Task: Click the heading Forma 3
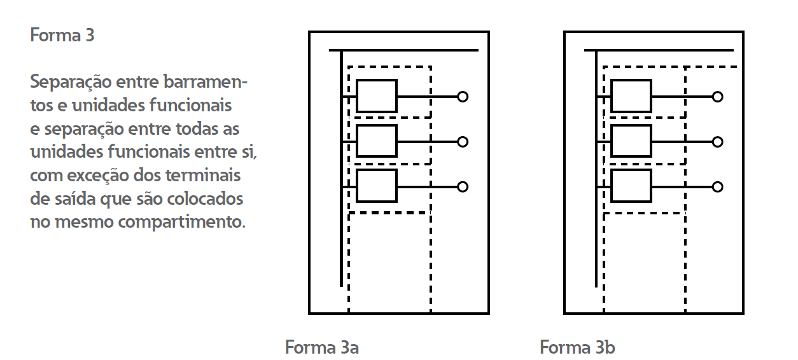(x=62, y=36)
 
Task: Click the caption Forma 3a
(x=322, y=348)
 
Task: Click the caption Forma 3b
(x=577, y=348)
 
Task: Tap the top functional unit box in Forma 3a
(x=377, y=96)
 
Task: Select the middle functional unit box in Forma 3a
(x=377, y=141)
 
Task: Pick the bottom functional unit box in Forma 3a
(x=377, y=186)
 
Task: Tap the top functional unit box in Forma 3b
(x=631, y=96)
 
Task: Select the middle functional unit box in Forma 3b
(x=631, y=141)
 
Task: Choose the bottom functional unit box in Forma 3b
(x=631, y=186)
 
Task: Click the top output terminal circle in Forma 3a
(x=463, y=97)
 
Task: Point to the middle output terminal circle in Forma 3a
(x=463, y=142)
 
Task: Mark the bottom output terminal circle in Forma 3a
(x=463, y=186)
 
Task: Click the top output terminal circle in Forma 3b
(x=717, y=97)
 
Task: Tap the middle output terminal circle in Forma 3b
(x=717, y=142)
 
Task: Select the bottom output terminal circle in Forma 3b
(x=717, y=186)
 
